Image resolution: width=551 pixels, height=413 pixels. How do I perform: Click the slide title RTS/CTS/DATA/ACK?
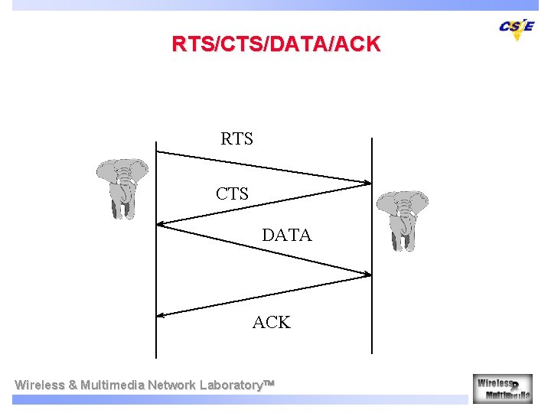click(x=275, y=44)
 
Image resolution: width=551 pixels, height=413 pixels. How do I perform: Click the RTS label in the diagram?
click(x=236, y=139)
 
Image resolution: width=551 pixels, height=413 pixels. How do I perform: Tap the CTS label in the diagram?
click(x=232, y=194)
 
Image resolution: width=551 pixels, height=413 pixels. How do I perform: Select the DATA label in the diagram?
click(x=287, y=236)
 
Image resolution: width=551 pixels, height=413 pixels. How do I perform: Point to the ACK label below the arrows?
click(x=272, y=323)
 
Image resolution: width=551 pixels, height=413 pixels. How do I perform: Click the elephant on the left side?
click(x=122, y=187)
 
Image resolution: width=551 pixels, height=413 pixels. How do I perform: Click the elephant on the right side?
click(x=402, y=219)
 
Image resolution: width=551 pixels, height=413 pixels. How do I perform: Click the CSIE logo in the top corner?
click(x=517, y=28)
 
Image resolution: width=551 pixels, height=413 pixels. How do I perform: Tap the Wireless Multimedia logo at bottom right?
click(x=502, y=388)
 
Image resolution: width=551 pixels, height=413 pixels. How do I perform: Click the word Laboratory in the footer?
click(x=230, y=385)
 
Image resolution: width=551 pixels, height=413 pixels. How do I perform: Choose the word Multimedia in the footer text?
click(x=112, y=385)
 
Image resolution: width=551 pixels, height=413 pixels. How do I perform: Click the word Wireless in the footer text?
click(x=40, y=385)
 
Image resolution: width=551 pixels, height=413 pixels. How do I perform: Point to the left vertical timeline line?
click(x=156, y=252)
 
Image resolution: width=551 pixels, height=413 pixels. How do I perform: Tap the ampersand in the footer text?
click(x=73, y=385)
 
